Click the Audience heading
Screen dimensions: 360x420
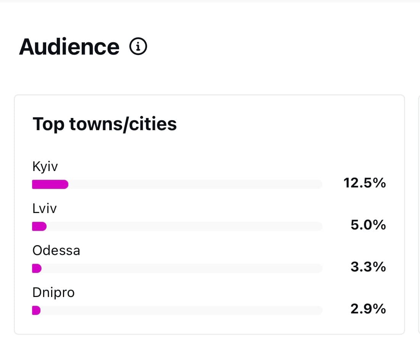tap(69, 47)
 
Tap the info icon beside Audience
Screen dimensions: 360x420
tap(138, 47)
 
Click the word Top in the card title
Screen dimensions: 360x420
tap(48, 124)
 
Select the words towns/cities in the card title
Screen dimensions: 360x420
tap(123, 124)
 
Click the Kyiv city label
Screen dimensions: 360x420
tap(45, 167)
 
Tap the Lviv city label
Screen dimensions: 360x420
tap(44, 208)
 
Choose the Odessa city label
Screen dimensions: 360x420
tap(56, 250)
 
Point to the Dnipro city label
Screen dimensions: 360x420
tap(53, 293)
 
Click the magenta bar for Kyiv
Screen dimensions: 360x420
tap(50, 185)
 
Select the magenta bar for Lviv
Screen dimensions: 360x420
tap(39, 226)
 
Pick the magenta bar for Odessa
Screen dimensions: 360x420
tap(37, 268)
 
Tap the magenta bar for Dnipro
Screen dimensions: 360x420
tap(36, 310)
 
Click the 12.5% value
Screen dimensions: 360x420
tap(365, 183)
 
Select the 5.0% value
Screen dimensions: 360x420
tap(368, 225)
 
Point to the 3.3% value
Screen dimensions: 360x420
tap(368, 267)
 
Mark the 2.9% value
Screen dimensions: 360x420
tap(368, 309)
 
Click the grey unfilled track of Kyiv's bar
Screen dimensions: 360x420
tap(195, 185)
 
